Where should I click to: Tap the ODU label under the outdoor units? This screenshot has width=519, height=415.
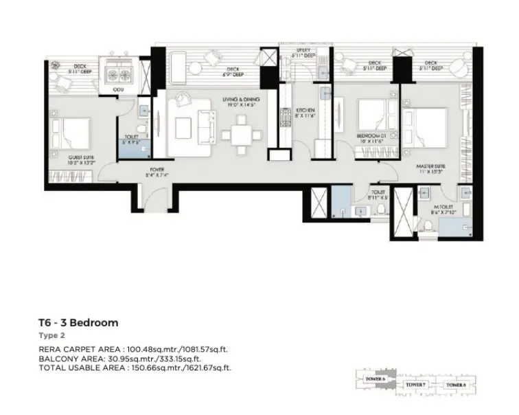tap(118, 90)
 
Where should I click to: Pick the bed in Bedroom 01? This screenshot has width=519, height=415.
tap(374, 116)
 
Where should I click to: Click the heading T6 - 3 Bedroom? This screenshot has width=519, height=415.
tap(78, 322)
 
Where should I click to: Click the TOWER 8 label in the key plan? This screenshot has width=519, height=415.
tap(455, 385)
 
